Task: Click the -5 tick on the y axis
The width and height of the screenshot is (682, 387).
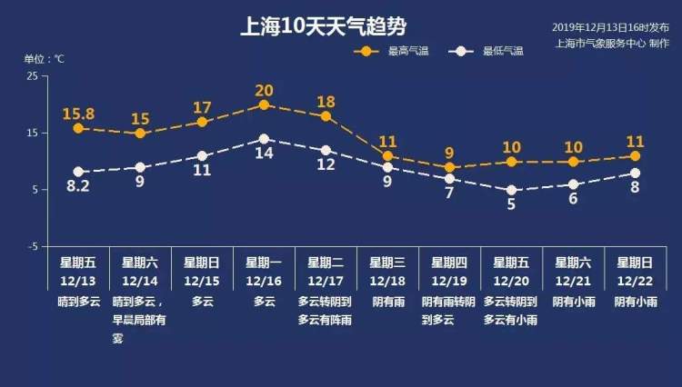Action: [32, 246]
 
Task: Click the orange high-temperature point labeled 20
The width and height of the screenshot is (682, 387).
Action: [264, 104]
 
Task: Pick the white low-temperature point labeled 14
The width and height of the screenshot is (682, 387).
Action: [264, 139]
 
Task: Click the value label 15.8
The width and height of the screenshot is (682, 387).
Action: [78, 114]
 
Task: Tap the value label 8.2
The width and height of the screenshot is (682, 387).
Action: [78, 186]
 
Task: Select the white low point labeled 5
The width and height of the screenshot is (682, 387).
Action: [511, 190]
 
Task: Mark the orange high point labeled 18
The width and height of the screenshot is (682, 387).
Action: [326, 116]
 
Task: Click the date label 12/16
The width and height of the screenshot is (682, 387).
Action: [264, 277]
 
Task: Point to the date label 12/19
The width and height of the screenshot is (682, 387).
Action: [449, 277]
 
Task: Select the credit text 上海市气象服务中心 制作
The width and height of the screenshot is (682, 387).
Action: [611, 42]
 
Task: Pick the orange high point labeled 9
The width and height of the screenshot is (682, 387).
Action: [449, 167]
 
